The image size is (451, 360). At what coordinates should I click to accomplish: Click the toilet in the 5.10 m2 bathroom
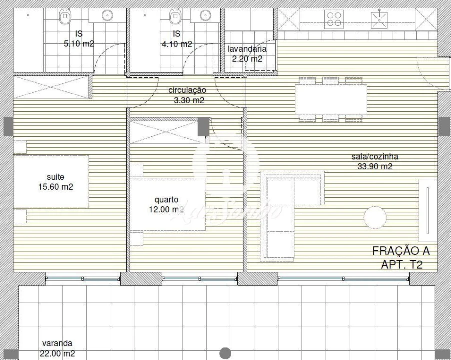tap(65, 18)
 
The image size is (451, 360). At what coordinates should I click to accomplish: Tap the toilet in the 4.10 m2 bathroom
tap(174, 18)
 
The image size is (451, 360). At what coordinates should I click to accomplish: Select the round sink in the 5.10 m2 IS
tap(107, 15)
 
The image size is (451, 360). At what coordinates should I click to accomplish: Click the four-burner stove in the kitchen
tap(334, 19)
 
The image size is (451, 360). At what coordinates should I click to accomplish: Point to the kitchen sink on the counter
tap(379, 19)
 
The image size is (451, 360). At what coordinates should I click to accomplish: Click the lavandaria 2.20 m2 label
tap(247, 54)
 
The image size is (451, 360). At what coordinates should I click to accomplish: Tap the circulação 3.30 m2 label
tap(187, 95)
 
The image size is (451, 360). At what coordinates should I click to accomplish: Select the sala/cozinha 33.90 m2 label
tap(374, 161)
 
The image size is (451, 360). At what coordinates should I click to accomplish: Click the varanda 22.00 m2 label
tap(57, 348)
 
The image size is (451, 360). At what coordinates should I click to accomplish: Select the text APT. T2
tap(401, 265)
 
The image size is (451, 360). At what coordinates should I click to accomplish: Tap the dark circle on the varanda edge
tap(225, 353)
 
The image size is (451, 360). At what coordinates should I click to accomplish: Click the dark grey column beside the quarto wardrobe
tap(203, 126)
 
